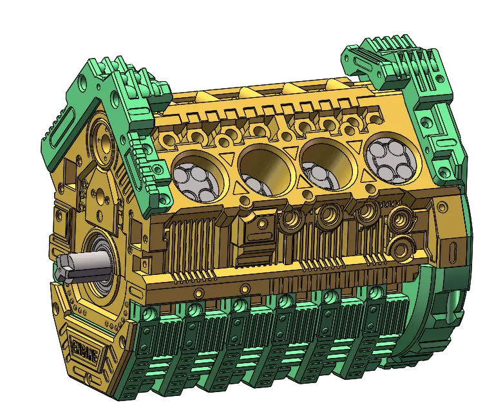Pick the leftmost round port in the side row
pos(290,220)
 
